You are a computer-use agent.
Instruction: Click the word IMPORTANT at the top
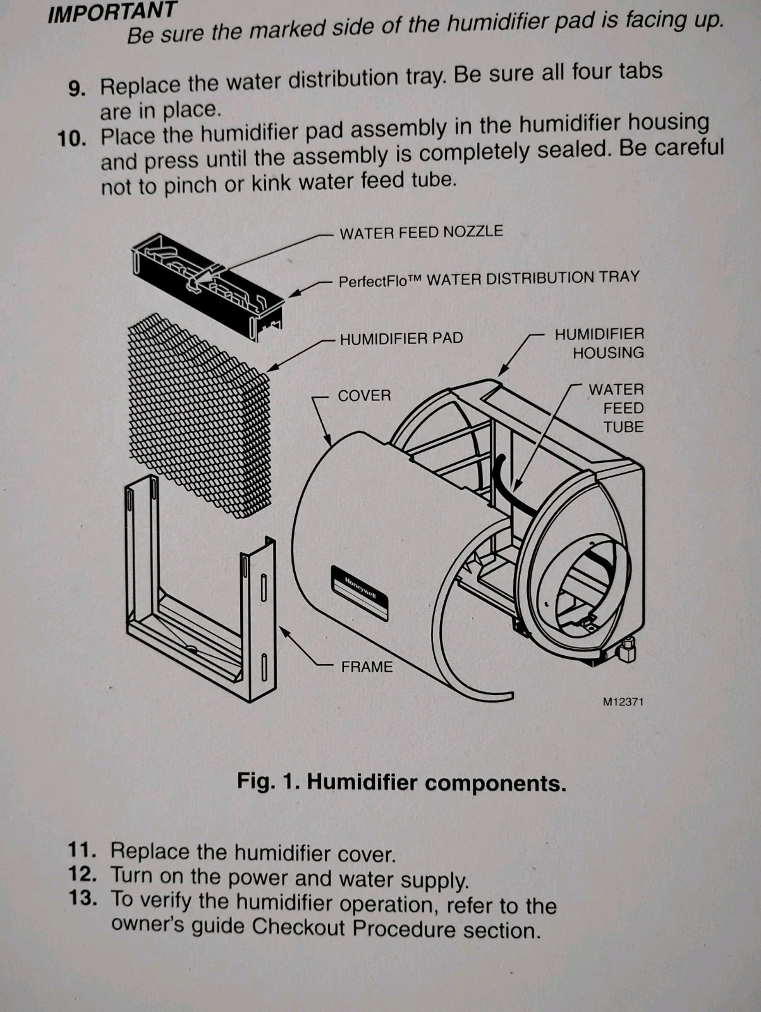(113, 12)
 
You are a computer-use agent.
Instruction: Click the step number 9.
(76, 88)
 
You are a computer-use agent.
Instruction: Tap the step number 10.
(71, 139)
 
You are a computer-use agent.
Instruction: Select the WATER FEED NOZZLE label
(421, 232)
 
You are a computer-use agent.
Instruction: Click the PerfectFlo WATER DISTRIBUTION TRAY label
(489, 278)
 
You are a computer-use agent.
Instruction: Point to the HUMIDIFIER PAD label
(401, 338)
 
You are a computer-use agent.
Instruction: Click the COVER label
(364, 396)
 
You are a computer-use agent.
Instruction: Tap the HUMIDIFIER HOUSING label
(599, 343)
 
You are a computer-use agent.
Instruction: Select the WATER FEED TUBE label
(616, 408)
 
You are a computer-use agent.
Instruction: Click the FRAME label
(367, 667)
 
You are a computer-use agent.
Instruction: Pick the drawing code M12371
(623, 701)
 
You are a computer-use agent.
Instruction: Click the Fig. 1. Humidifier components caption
(401, 782)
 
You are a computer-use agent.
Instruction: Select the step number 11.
(82, 849)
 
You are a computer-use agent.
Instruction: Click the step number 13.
(83, 898)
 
